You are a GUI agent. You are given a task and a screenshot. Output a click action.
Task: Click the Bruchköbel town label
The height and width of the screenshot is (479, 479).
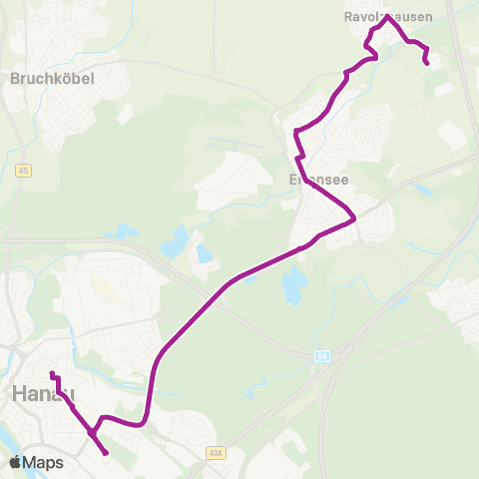[51, 78]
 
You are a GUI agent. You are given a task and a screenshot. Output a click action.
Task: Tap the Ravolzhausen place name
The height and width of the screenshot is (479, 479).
[397, 16]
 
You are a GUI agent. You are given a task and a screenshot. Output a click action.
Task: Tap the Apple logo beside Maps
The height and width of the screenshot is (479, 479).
[15, 462]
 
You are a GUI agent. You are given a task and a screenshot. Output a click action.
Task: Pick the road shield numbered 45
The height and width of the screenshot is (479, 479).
[23, 172]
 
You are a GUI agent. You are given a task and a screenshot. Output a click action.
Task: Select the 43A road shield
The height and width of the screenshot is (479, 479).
[218, 453]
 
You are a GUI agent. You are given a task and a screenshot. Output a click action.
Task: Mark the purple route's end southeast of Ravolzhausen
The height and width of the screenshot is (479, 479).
[428, 64]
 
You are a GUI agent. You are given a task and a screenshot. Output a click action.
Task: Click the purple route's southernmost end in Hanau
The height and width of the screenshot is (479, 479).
[106, 454]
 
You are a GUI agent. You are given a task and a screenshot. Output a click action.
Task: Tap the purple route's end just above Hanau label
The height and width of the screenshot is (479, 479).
[52, 375]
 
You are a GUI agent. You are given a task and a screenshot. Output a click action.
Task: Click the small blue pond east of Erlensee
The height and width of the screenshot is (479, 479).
[423, 188]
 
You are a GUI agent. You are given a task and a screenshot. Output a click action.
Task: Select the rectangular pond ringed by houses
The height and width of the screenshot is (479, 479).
[205, 253]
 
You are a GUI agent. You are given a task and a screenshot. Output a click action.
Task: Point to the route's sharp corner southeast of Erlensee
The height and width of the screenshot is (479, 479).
[354, 219]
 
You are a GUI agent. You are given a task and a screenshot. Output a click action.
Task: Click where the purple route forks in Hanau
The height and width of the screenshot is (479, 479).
[92, 433]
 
